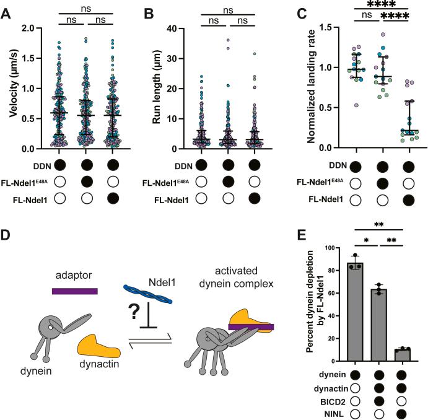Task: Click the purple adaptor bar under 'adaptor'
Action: coord(74,290)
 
